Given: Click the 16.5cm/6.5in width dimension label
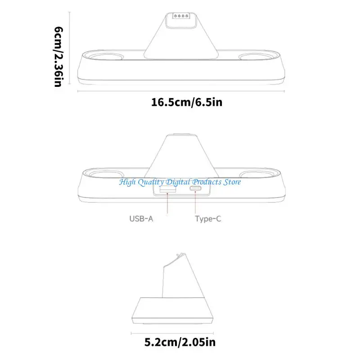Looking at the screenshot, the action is pos(187,102).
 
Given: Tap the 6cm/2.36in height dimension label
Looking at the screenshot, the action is pos(58,57).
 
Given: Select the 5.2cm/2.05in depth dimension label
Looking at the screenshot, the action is pos(180,342).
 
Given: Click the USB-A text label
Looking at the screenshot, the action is pos(141,219).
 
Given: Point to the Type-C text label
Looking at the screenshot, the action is pos(208,219).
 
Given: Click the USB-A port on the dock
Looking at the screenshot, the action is pos(168,189).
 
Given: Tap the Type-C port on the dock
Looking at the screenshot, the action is pos(195,189).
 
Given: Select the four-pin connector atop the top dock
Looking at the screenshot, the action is pos(181,16).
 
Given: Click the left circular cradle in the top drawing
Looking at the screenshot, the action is pos(105,57).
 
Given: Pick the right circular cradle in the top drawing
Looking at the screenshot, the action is pos(256,57).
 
